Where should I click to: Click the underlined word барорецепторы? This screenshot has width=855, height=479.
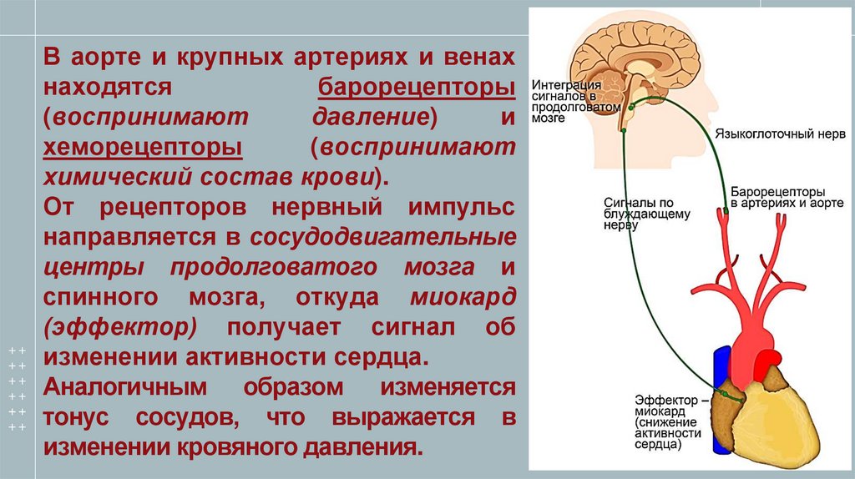(x=416, y=88)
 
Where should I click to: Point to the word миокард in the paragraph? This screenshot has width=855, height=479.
(x=463, y=297)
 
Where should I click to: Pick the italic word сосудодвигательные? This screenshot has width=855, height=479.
(x=382, y=237)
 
